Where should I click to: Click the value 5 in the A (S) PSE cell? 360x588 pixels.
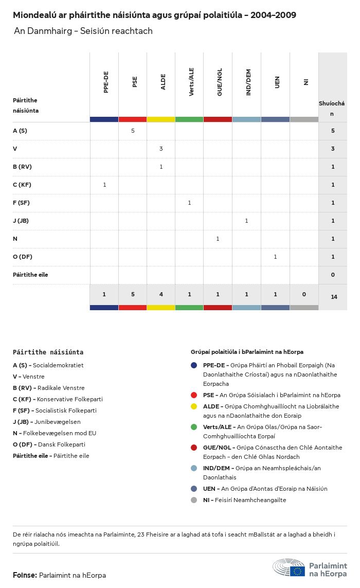[x=133, y=131]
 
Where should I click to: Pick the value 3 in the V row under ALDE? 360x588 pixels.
[x=161, y=149]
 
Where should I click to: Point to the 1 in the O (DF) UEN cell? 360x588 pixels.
[x=275, y=257]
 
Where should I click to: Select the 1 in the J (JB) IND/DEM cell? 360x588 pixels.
[x=246, y=221]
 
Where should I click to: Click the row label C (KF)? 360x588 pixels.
[x=22, y=185]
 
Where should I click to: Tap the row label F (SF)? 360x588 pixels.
[x=22, y=203]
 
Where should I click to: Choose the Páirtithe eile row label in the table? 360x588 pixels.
[x=30, y=275]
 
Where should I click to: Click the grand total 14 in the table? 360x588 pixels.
[x=334, y=297]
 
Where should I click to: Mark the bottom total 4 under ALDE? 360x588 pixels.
[x=161, y=294]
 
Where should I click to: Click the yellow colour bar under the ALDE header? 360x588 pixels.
[x=161, y=119]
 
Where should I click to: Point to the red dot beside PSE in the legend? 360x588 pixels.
[x=194, y=395]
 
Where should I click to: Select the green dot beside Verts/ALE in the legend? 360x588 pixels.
[x=194, y=427]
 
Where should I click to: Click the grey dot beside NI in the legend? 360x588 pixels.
[x=194, y=500]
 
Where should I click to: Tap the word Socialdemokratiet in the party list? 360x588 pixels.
[x=58, y=365]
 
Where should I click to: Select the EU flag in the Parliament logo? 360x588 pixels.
[x=297, y=571]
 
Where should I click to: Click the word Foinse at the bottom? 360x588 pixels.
[x=25, y=575]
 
